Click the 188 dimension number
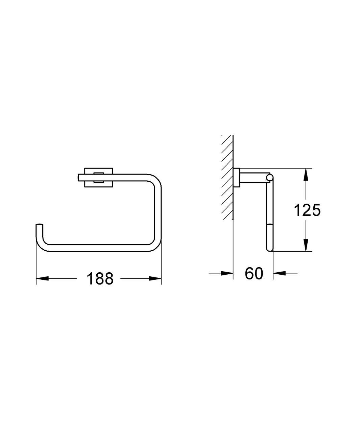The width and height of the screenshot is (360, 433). point(100,279)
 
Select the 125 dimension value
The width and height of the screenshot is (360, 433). point(307,210)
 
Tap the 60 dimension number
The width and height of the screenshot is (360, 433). point(254,273)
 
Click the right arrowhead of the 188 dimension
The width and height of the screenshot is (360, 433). point(155,279)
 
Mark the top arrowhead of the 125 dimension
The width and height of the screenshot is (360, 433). point(305,174)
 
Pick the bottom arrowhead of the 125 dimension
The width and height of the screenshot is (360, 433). point(305,245)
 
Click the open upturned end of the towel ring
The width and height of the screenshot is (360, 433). point(40,226)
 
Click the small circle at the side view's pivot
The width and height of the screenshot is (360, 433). point(269,177)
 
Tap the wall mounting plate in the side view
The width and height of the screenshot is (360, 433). point(237,177)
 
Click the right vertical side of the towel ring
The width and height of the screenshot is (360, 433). point(158,213)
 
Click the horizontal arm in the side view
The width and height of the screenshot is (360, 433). point(253,177)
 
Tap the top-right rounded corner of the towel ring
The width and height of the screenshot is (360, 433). point(155,179)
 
